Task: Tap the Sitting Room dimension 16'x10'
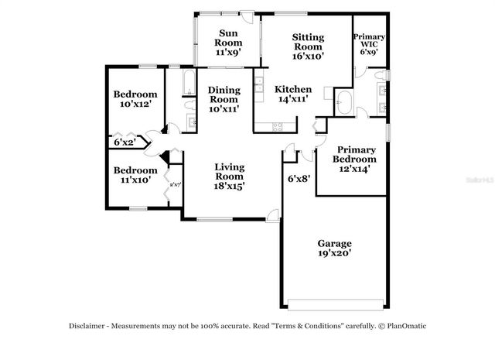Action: [307, 56]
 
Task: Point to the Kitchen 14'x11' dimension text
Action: [294, 99]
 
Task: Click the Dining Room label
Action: [224, 94]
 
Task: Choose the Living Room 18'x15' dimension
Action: [230, 186]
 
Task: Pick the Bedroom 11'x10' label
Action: [135, 170]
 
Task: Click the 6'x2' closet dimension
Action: [125, 142]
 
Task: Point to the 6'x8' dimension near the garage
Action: [298, 180]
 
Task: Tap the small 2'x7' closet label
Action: [175, 184]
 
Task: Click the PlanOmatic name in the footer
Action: [405, 326]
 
